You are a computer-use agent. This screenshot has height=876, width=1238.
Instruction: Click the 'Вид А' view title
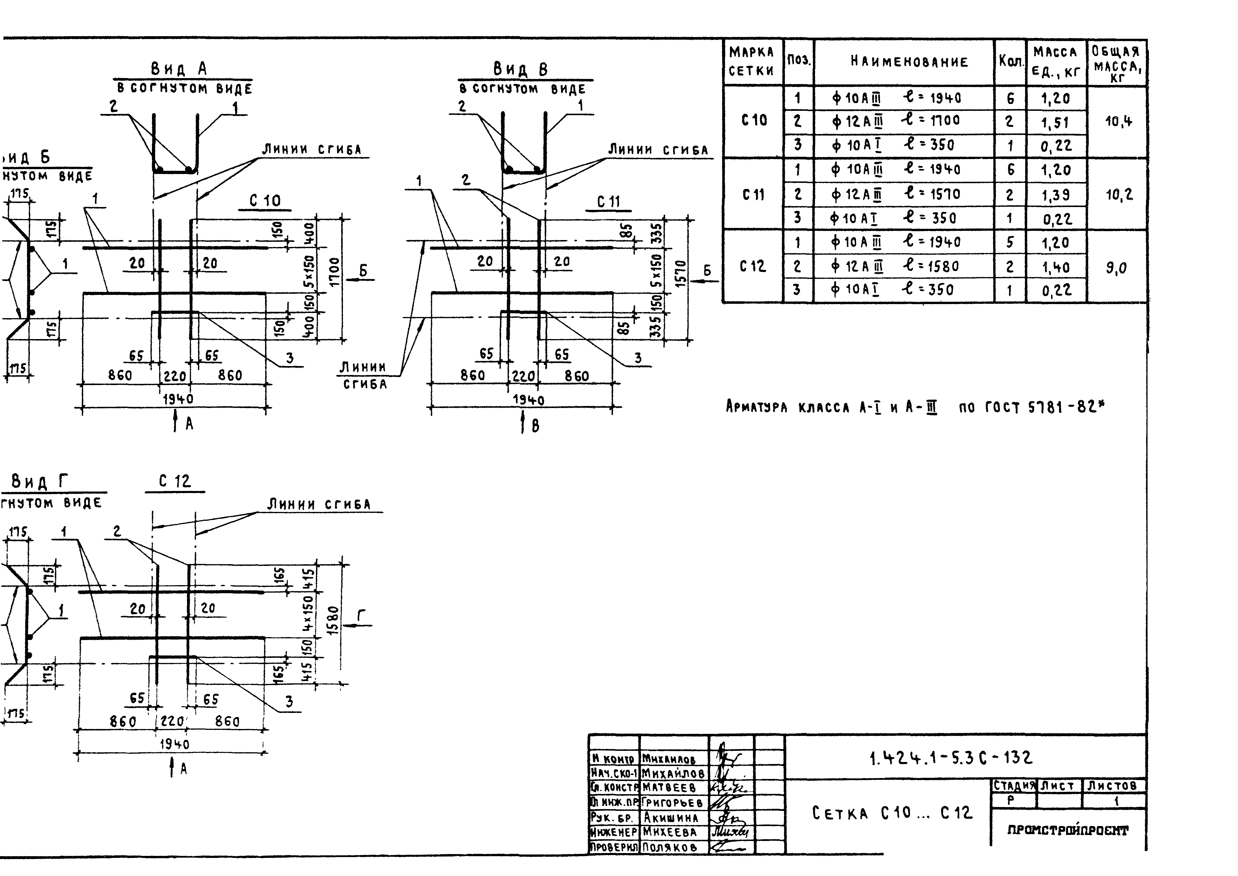pos(178,69)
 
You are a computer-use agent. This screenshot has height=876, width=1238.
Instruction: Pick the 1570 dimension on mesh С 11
pos(681,274)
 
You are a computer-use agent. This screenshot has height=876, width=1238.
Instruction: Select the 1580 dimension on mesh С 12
pos(333,620)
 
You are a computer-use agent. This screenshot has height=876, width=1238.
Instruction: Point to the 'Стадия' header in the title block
pos(1015,786)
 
